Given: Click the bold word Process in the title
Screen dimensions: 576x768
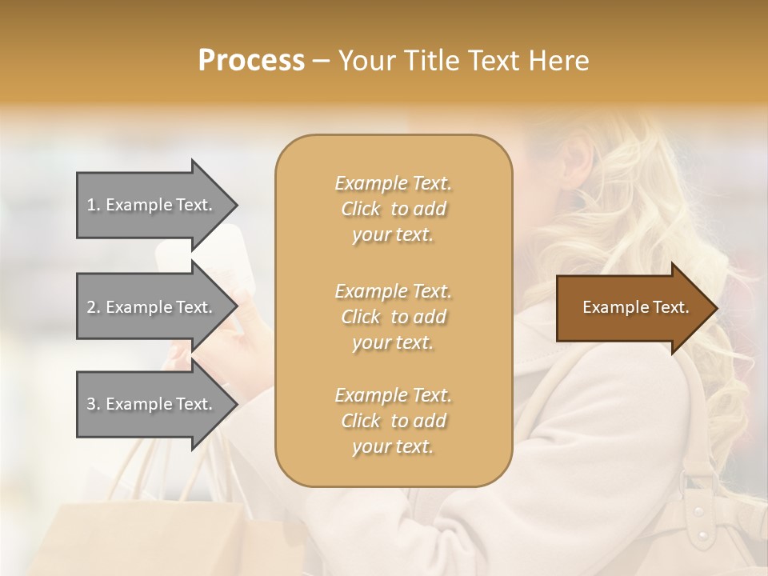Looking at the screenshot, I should [x=251, y=60].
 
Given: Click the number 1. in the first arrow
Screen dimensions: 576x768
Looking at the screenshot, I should [x=94, y=205].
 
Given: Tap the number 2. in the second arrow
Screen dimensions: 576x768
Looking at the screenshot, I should [x=94, y=307].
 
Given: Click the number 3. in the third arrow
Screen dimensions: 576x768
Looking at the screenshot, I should [x=94, y=404].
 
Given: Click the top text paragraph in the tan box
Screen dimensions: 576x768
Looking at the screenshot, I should [x=393, y=209].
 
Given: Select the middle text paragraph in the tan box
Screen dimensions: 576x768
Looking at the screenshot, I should [x=393, y=316].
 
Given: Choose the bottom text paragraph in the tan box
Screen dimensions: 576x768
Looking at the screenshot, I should [x=393, y=421].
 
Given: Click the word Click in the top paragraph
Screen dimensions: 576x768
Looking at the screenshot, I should [x=361, y=209].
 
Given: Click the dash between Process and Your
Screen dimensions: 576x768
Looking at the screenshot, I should [x=321, y=61].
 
